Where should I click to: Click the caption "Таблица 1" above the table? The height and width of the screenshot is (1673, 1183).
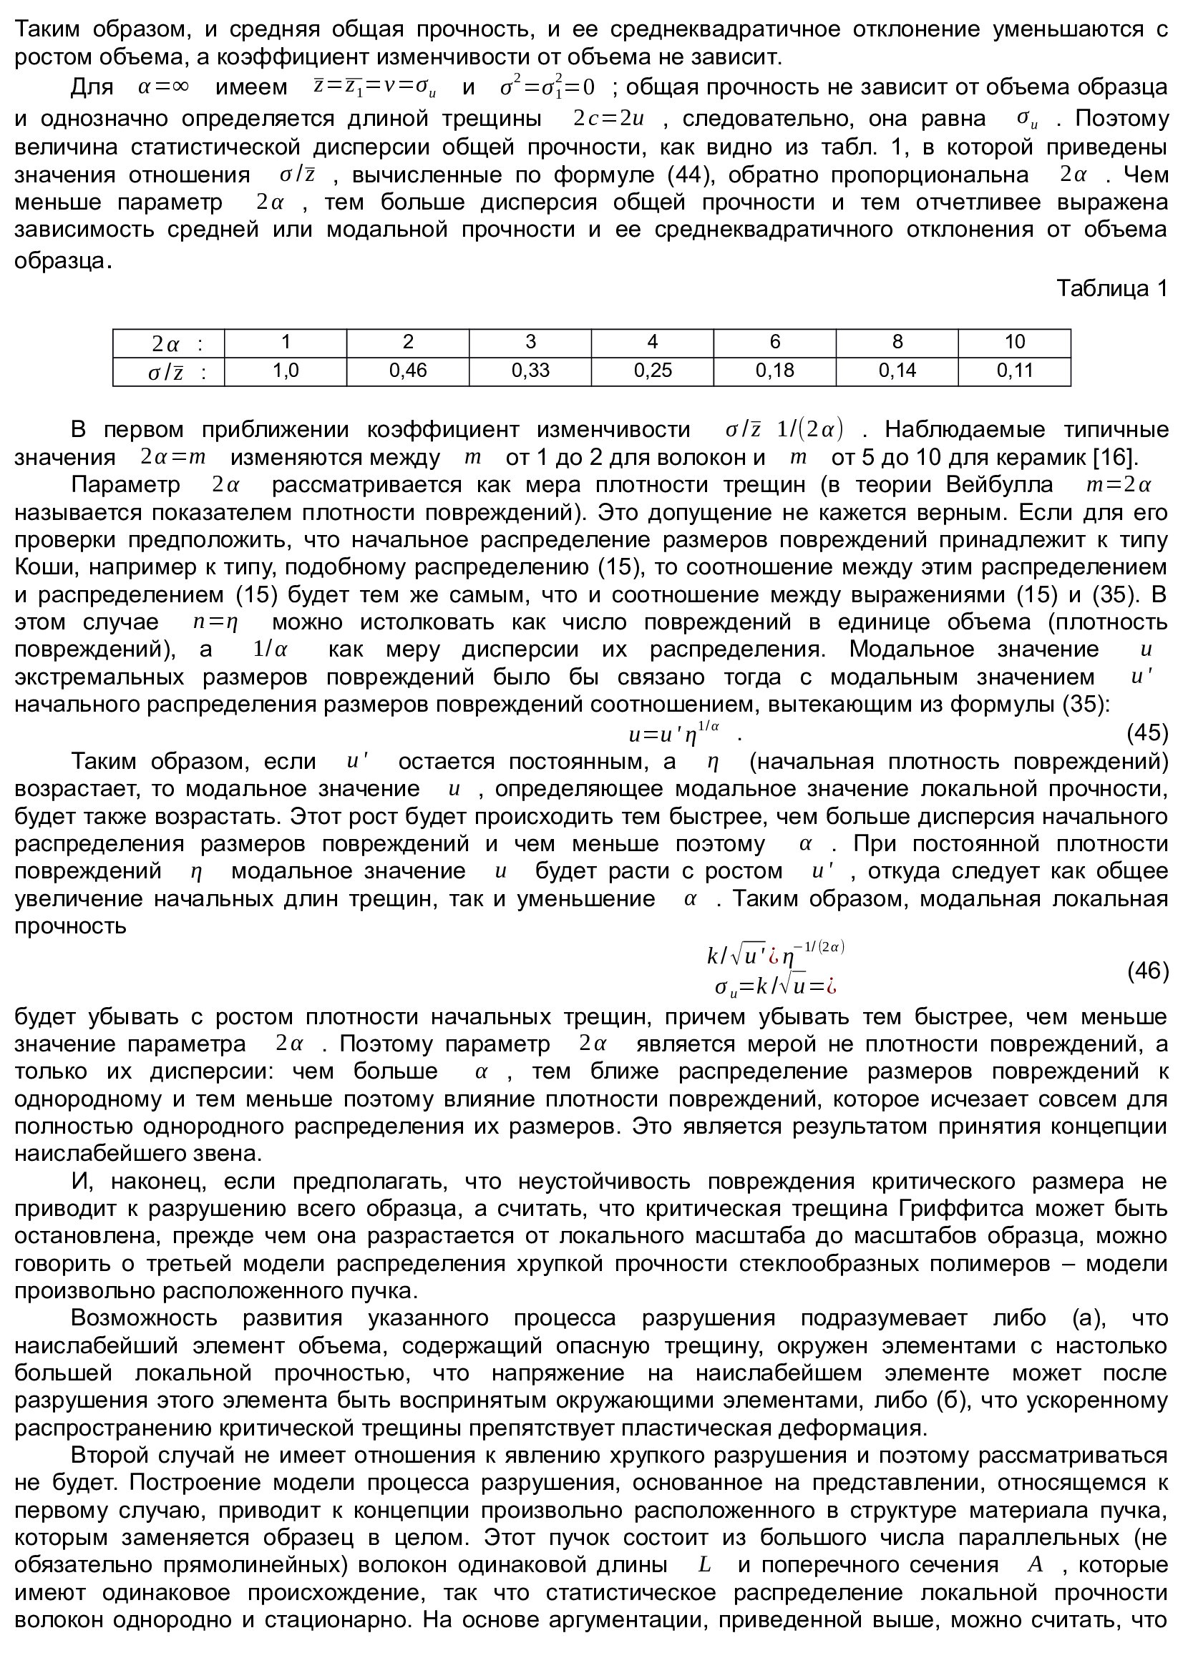(1111, 288)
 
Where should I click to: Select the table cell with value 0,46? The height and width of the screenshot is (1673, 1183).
(407, 371)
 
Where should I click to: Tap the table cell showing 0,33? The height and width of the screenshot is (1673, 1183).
(530, 371)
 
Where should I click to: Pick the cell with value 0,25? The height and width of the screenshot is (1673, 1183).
(653, 371)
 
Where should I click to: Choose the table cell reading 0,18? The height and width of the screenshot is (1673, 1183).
(774, 371)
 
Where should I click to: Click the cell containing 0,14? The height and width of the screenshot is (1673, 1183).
(897, 371)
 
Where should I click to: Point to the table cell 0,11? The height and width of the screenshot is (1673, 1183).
(1015, 371)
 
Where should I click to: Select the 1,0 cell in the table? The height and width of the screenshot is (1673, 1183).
(286, 371)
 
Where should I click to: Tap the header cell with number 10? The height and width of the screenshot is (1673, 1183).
(1015, 342)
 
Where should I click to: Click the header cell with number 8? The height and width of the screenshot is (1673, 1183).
(897, 342)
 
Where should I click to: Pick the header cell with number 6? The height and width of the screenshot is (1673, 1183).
(774, 342)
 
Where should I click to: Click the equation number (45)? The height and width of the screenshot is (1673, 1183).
(1147, 732)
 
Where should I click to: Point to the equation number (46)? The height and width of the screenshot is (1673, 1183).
(1147, 971)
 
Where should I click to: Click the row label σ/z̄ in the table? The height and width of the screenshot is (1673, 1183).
(167, 373)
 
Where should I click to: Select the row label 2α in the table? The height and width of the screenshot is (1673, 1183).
(167, 343)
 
